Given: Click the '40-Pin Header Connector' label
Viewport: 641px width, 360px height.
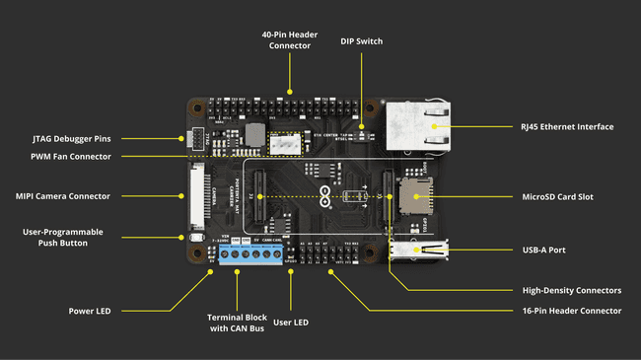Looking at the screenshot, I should pos(290,40).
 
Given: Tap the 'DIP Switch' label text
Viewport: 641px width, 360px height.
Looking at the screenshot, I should pos(361,41).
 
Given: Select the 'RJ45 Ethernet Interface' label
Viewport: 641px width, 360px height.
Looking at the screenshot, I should pos(566,127).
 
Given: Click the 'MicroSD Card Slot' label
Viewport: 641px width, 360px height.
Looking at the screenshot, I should pos(557,197).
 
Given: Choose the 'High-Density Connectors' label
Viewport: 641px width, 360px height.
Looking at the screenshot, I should pos(571,291).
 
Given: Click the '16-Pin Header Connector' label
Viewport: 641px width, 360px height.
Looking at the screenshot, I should pos(571,311).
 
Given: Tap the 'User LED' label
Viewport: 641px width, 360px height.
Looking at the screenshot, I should pos(291,323).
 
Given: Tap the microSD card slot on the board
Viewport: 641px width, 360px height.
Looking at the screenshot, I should pos(408,196).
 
